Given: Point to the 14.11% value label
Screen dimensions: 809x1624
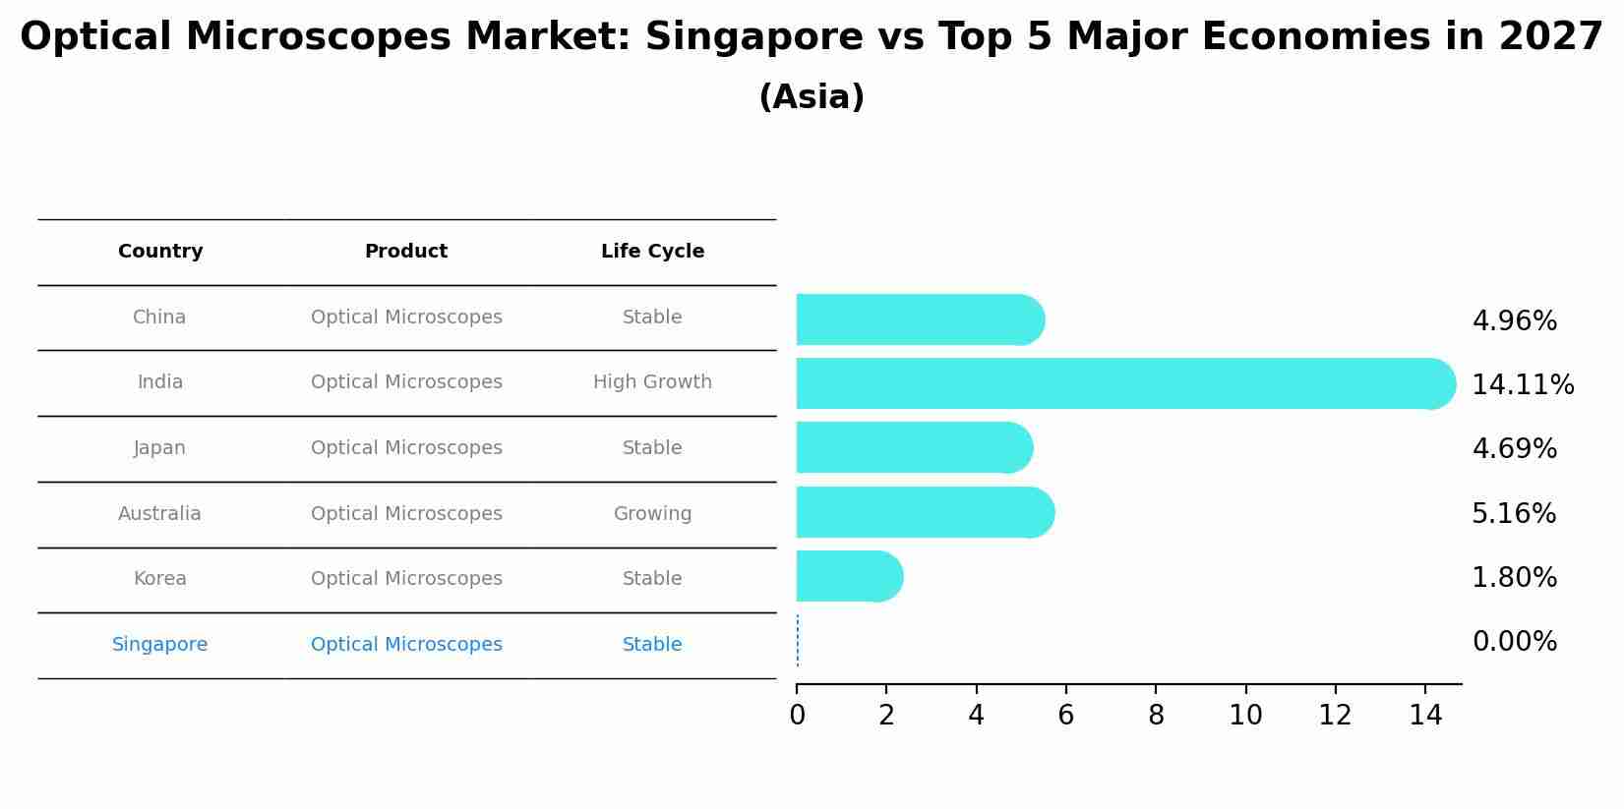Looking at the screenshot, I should (x=1523, y=385).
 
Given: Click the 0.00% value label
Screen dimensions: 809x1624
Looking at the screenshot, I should (x=1514, y=642).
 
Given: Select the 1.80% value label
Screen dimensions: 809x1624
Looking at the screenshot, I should (x=1514, y=578).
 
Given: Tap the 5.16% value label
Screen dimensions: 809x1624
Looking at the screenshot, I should (x=1513, y=514).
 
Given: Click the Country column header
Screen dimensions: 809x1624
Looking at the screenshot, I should (x=160, y=252).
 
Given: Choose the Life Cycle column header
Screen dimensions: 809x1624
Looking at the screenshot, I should (x=652, y=252).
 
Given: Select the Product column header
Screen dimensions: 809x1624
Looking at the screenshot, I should (x=406, y=252).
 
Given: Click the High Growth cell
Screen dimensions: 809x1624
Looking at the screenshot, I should (x=652, y=382).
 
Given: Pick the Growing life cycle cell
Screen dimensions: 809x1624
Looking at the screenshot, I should (x=652, y=514).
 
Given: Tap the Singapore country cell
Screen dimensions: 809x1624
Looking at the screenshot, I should (x=159, y=645).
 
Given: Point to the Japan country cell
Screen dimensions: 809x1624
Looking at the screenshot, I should (x=159, y=448).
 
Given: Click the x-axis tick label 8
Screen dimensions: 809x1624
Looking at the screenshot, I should (x=1156, y=716).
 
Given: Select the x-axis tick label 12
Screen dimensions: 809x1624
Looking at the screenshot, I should (x=1335, y=716).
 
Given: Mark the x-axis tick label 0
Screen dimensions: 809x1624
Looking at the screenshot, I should (x=797, y=716).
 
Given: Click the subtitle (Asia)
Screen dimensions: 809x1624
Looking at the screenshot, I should (x=812, y=97).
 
